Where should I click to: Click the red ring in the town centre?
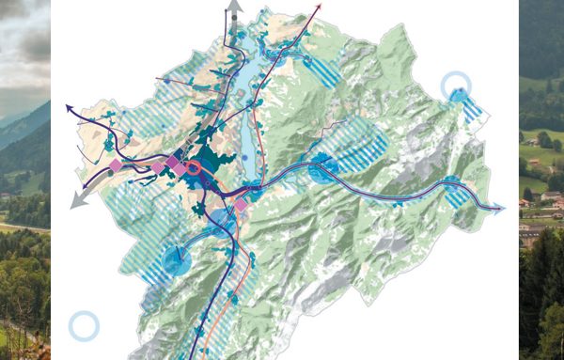point(194,168)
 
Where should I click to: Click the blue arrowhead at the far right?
point(499,206)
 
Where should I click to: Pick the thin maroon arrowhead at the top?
point(319,7)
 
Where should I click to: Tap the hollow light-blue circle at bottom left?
point(84,326)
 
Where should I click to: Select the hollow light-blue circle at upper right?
point(457,86)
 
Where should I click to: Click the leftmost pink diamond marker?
point(116,165)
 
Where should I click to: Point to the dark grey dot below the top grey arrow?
point(234,34)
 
